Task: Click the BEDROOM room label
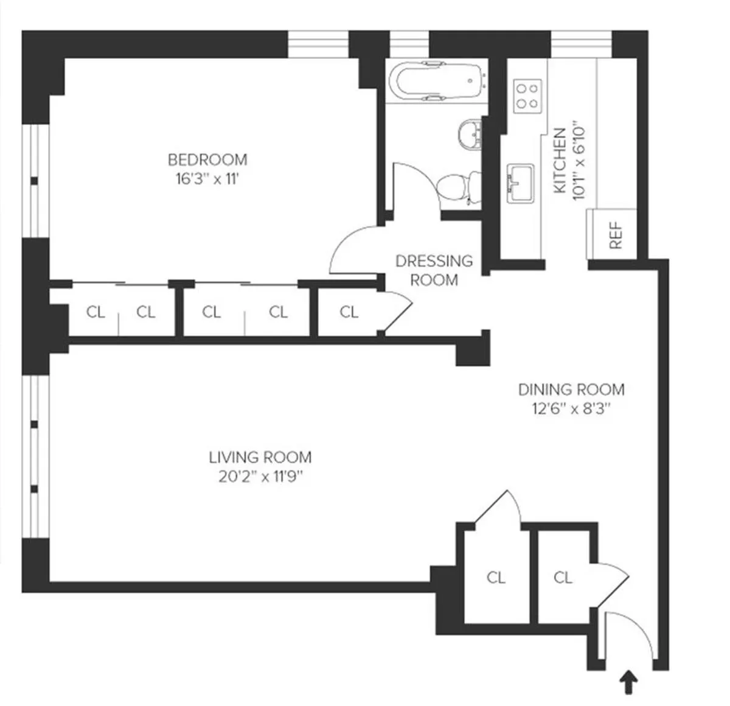point(207,159)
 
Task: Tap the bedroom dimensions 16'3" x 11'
point(207,180)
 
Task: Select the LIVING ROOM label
point(260,457)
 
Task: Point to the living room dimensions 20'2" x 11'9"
point(260,477)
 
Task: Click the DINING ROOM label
point(571,389)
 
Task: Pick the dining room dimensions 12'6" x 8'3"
point(571,408)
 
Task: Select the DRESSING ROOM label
point(434,270)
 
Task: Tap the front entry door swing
point(630,636)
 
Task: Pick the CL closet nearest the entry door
point(563,577)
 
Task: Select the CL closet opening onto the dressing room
point(349,312)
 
